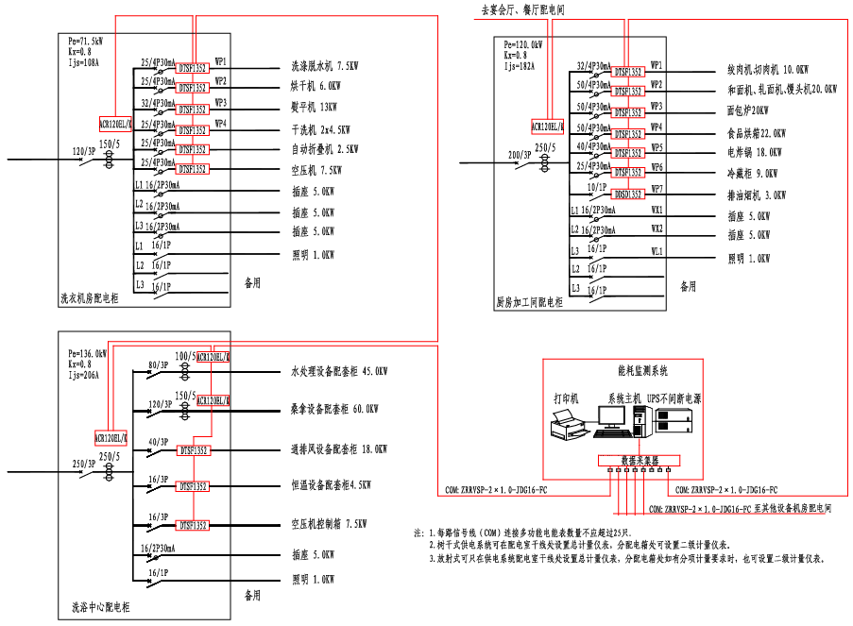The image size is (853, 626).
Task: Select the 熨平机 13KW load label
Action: tap(313, 108)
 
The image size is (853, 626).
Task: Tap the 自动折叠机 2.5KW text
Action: tap(324, 149)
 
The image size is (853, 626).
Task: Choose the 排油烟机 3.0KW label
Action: tap(756, 195)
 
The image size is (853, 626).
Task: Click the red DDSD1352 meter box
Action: tap(628, 193)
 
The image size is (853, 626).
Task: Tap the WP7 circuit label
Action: tap(657, 188)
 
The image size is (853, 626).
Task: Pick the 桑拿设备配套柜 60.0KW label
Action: tap(335, 409)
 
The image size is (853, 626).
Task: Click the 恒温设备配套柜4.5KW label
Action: tap(331, 485)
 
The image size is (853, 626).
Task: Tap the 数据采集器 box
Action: tap(640, 462)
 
